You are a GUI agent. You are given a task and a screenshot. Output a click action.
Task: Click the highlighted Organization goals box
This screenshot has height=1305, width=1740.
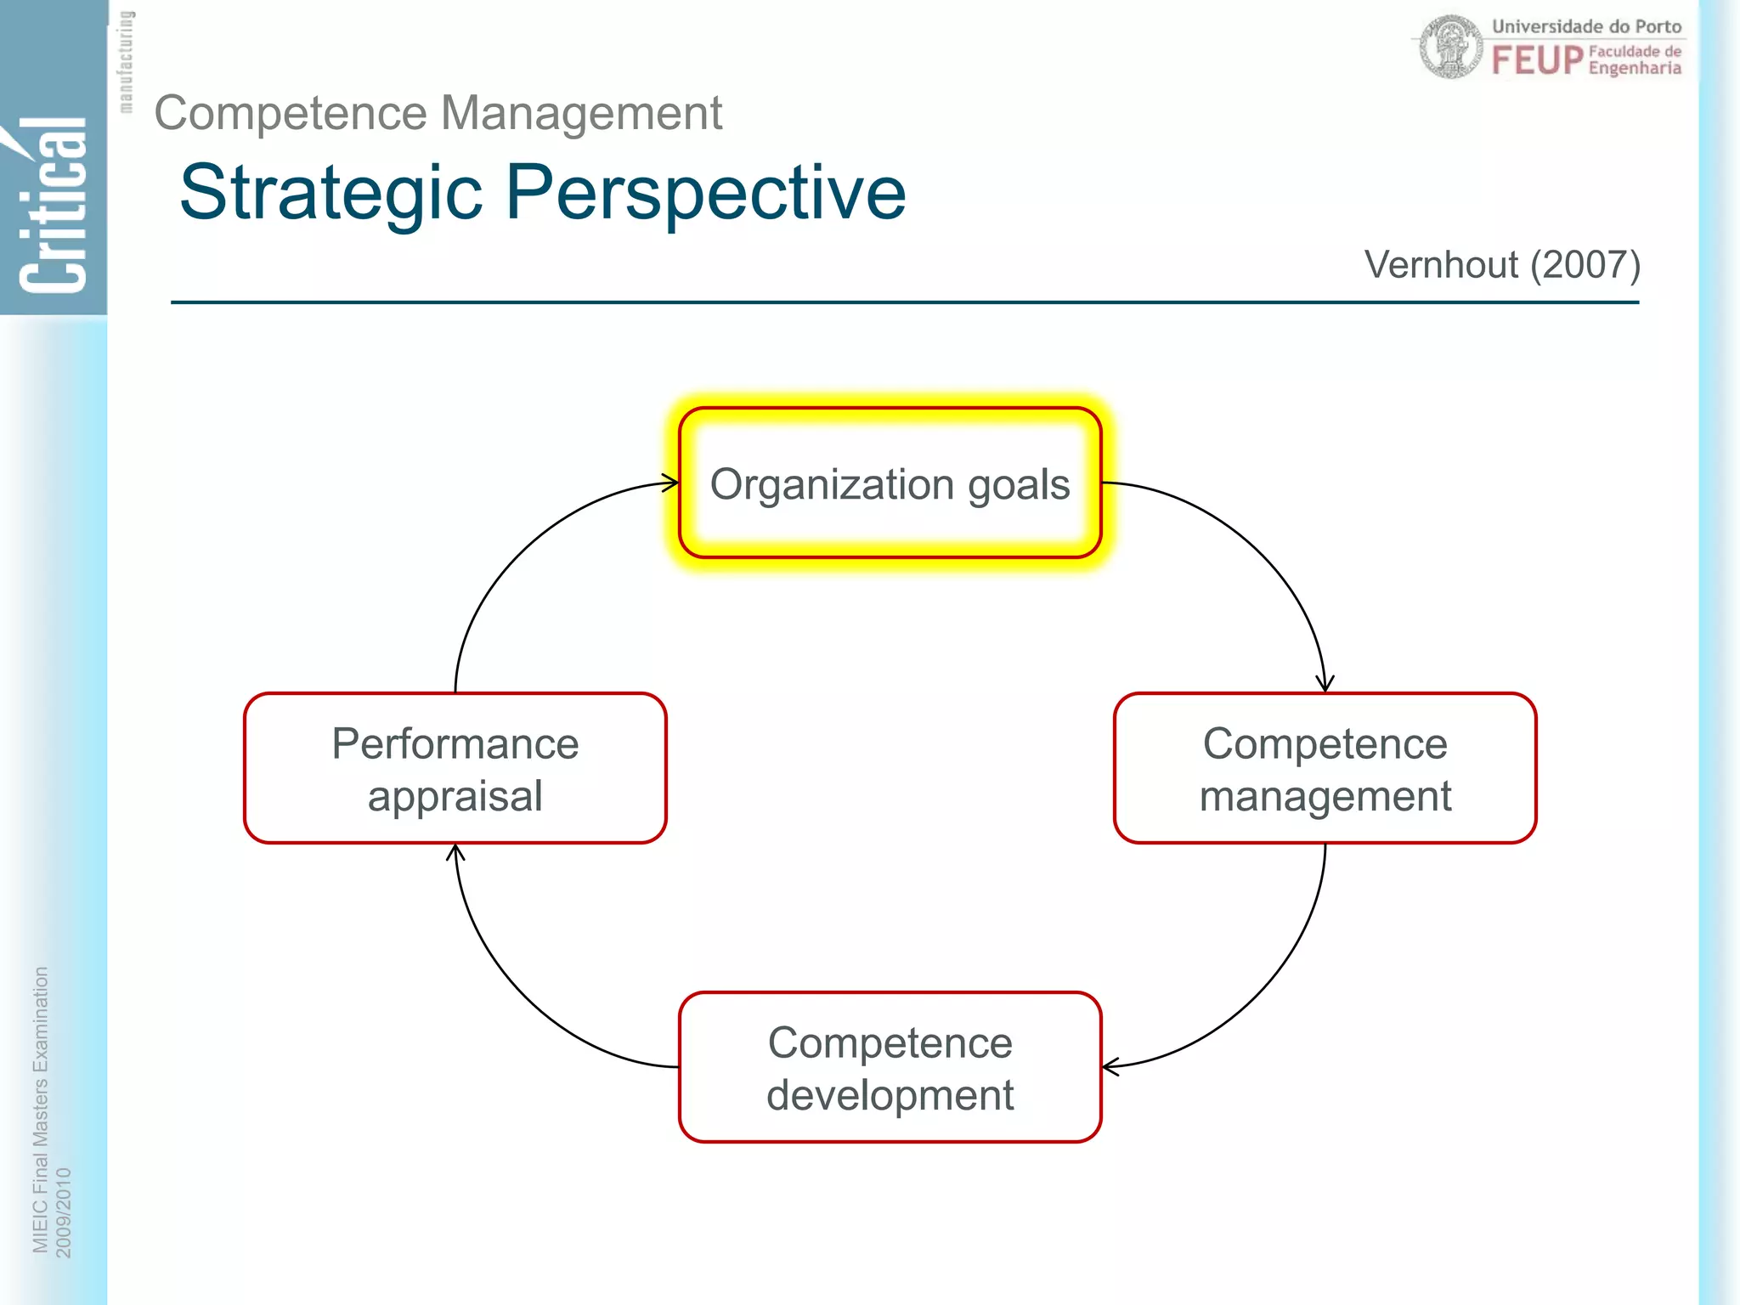click(890, 483)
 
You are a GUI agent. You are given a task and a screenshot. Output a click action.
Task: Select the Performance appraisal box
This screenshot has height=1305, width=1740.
click(455, 768)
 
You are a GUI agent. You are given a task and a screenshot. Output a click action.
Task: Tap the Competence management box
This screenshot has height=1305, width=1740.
click(1325, 768)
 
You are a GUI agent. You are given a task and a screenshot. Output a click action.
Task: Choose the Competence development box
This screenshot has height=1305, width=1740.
click(890, 1067)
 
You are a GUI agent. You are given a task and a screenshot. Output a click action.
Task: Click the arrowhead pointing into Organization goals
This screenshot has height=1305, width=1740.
click(671, 483)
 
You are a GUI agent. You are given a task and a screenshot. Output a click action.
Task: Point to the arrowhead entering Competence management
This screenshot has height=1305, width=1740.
click(1325, 684)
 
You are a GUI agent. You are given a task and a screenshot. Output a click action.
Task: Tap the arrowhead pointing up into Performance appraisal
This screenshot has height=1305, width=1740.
click(455, 852)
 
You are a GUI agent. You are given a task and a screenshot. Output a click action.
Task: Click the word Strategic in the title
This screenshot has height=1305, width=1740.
click(331, 194)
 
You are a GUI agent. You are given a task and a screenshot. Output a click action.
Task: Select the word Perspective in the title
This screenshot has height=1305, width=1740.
click(706, 194)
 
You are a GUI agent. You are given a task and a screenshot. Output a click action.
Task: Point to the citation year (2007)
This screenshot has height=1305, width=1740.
click(1585, 265)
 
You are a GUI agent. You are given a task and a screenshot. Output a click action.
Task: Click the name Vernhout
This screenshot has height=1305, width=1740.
click(1441, 265)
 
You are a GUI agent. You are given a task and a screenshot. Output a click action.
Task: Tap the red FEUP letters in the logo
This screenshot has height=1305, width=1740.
click(1537, 60)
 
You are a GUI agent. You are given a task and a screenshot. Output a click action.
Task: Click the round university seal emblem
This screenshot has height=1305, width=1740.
click(1451, 47)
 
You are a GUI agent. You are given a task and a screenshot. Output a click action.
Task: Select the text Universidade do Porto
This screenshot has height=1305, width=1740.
click(1586, 26)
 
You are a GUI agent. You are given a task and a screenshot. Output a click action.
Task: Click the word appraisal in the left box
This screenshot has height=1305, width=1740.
click(455, 796)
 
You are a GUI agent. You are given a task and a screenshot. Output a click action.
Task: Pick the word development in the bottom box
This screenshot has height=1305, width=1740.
click(890, 1095)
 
